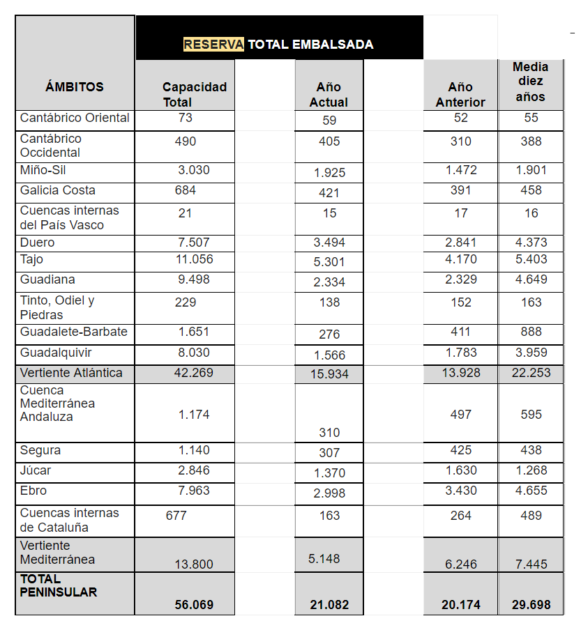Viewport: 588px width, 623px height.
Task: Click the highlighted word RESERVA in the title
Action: click(213, 45)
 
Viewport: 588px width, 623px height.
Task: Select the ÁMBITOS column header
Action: click(74, 87)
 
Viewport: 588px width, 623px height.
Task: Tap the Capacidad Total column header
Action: click(194, 94)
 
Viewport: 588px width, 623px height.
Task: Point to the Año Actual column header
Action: click(329, 94)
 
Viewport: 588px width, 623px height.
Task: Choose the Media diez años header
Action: click(530, 82)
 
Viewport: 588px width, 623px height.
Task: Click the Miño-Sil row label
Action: click(43, 170)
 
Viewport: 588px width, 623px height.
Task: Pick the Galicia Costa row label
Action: click(58, 190)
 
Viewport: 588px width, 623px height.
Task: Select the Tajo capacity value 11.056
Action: click(194, 259)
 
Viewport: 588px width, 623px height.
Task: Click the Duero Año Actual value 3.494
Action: click(329, 243)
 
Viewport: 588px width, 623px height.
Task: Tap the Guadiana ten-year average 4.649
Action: click(531, 279)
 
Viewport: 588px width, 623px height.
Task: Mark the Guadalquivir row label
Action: click(56, 353)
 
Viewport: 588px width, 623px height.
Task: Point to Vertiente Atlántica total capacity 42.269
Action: click(193, 373)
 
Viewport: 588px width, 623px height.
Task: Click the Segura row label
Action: click(40, 450)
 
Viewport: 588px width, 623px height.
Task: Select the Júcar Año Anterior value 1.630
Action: click(461, 470)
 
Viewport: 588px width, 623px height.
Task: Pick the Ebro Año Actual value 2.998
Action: click(329, 493)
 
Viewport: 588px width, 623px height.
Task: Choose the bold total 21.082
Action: click(329, 605)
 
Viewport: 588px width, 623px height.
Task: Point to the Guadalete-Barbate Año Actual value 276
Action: click(329, 334)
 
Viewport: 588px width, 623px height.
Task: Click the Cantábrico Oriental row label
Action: click(75, 118)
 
